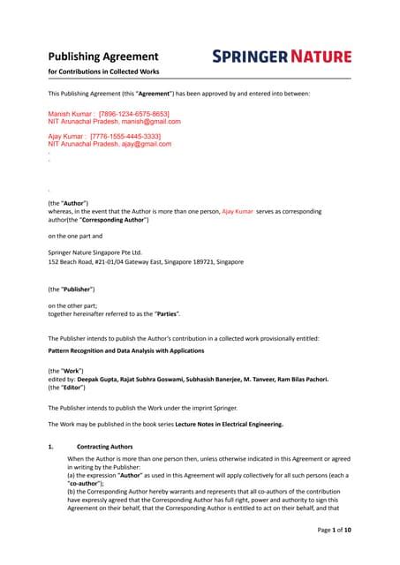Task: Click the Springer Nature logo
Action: pos(282,56)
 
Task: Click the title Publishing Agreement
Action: pos(90,55)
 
